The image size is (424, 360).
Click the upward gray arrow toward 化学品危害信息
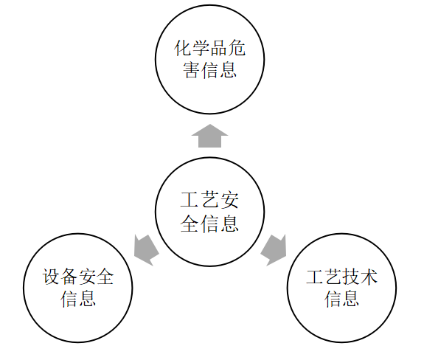pos(210,136)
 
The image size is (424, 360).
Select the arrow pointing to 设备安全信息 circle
pos(146,249)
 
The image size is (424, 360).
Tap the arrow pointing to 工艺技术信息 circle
pos(274,249)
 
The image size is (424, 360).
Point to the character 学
pos(201,49)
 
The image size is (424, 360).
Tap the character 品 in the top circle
pos(219,49)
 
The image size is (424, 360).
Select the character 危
pos(237,49)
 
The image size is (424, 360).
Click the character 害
pos(192,70)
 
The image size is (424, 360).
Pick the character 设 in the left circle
pos(51,277)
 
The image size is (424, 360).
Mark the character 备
pos(69,277)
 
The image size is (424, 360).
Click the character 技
pos(351,277)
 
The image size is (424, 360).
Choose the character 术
pos(369,277)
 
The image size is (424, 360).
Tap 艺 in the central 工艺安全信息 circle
pos(210,201)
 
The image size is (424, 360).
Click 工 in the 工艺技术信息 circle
pos(315,277)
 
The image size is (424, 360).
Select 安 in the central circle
pos(229,201)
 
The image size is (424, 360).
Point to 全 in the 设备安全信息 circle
pos(105,277)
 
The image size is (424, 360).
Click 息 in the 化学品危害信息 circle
pos(228,70)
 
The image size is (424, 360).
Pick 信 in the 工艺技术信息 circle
pos(333,299)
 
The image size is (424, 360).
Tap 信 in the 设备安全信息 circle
pos(69,299)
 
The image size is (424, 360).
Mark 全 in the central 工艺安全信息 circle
pos(190,224)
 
